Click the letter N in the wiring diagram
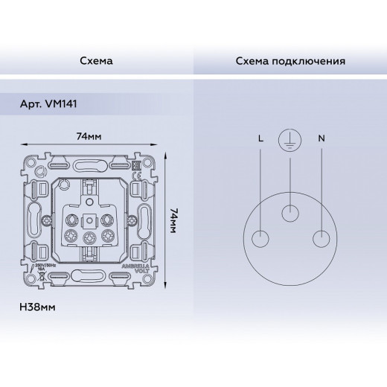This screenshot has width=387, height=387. click(320, 138)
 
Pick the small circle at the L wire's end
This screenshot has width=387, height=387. click(260, 240)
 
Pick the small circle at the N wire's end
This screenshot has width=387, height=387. click(320, 240)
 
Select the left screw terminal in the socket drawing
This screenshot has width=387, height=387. click(73, 237)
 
